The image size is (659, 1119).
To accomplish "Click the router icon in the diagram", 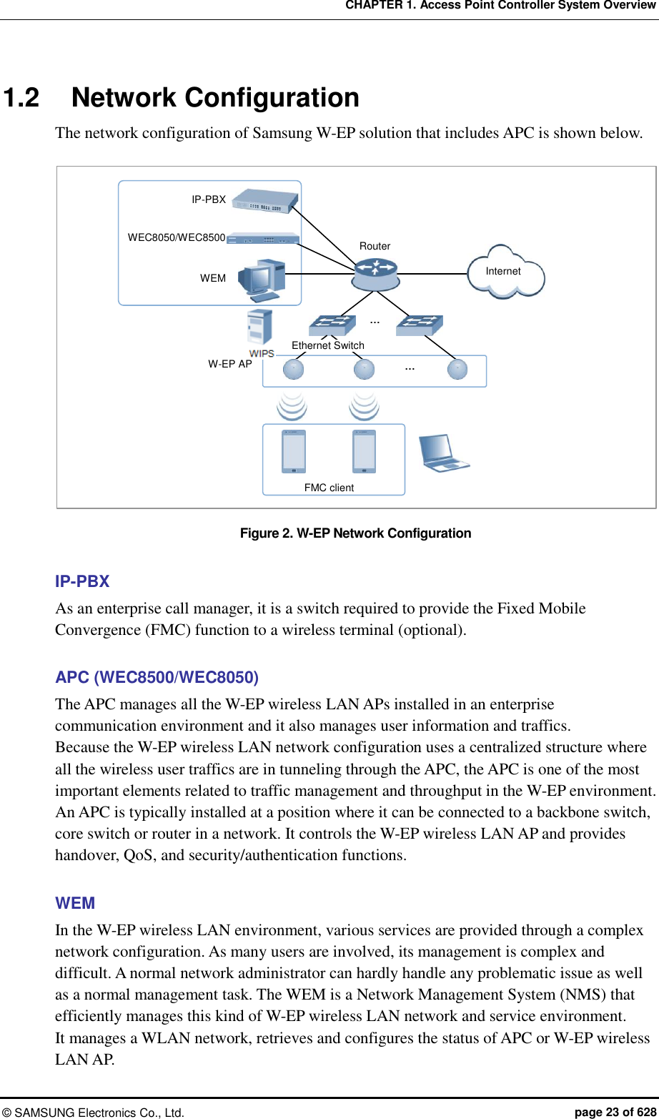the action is pyautogui.click(x=375, y=275).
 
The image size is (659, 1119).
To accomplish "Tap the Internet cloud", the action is pyautogui.click(x=505, y=272).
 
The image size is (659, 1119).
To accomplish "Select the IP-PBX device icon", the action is pyautogui.click(x=265, y=201).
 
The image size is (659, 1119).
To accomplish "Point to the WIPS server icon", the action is pyautogui.click(x=259, y=327).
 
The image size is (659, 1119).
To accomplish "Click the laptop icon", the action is pyautogui.click(x=443, y=453).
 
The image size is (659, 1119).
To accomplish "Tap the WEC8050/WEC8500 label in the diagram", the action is pyautogui.click(x=177, y=237).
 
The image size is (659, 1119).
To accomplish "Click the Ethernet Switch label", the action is pyautogui.click(x=328, y=345).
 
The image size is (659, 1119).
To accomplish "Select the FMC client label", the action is pyautogui.click(x=329, y=488).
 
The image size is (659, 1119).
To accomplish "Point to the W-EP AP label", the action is pyautogui.click(x=230, y=364).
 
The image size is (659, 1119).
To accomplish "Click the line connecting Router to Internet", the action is pyautogui.click(x=433, y=274).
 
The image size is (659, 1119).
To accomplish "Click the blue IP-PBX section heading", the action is pyautogui.click(x=82, y=581).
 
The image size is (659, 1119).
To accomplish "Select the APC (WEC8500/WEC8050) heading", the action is pyautogui.click(x=157, y=677).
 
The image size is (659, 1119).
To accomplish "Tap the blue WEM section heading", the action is pyautogui.click(x=75, y=902).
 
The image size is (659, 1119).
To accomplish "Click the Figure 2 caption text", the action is pyautogui.click(x=355, y=533).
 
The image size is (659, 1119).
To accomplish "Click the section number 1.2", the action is pyautogui.click(x=21, y=97).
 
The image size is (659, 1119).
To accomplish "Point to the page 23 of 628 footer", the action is pyautogui.click(x=615, y=1112).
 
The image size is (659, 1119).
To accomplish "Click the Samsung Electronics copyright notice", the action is pyautogui.click(x=94, y=1113).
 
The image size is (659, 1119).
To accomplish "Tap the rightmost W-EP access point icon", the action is pyautogui.click(x=457, y=370).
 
